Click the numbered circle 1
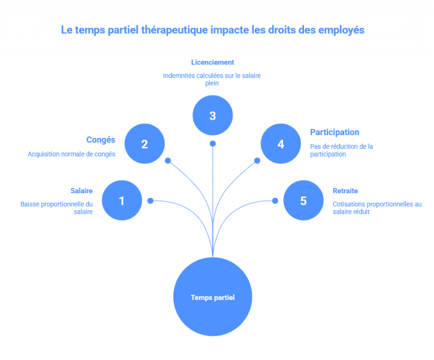122,200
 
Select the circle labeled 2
145,144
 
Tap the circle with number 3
212,115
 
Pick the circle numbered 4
281,144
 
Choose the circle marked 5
303,200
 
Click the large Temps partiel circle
212,297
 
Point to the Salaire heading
81,190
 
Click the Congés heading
101,140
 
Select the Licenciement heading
212,63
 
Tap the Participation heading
335,132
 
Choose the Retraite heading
345,190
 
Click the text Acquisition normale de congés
71,154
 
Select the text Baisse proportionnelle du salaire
57,208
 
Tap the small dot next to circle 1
150,201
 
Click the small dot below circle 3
212,144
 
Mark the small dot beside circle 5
275,201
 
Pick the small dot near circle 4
257,161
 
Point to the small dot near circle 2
168,161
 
